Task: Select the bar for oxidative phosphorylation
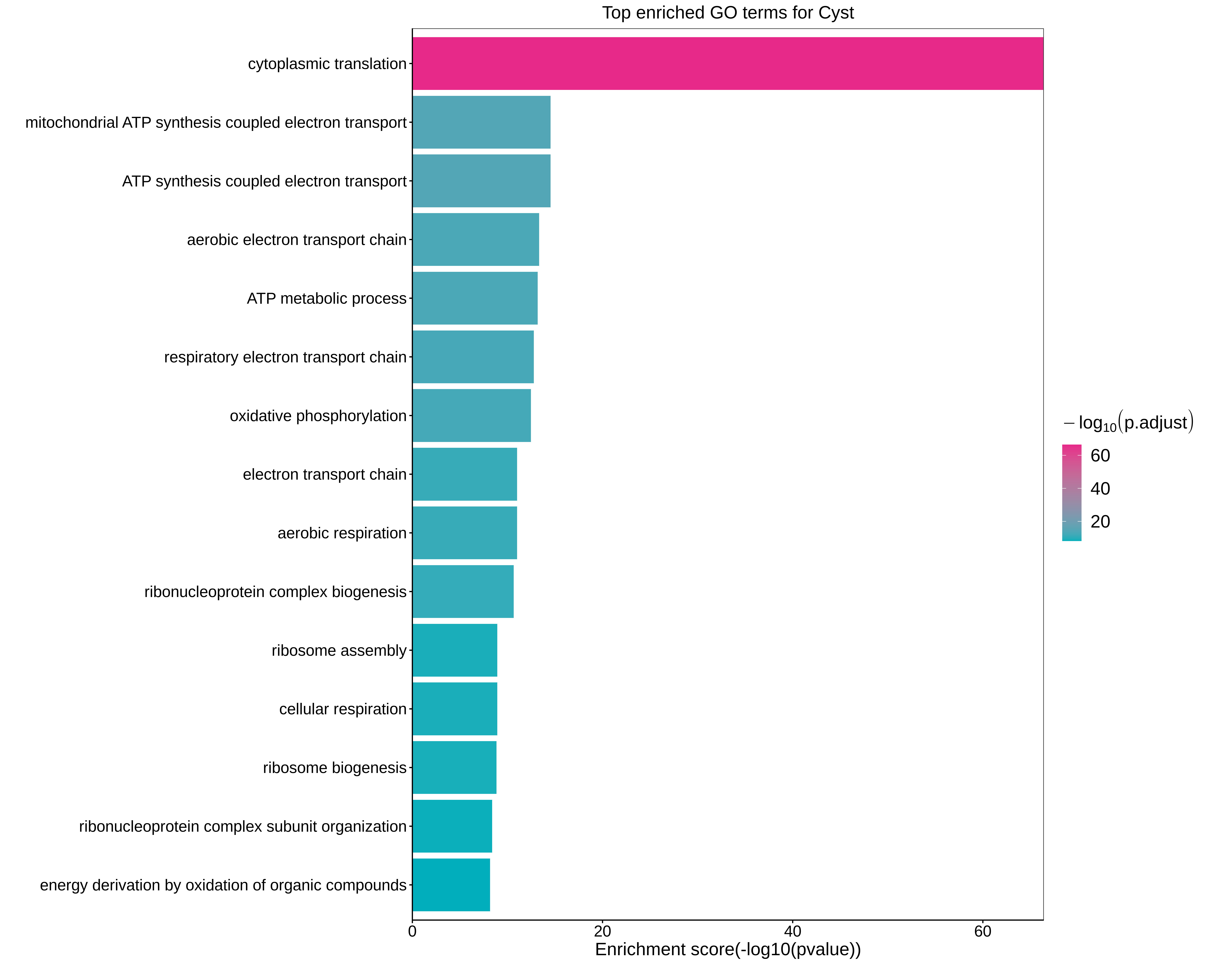pos(471,416)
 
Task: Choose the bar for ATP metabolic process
pos(475,298)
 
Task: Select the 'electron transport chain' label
pos(325,474)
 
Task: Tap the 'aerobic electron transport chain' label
pos(297,240)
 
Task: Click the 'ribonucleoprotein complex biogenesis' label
pos(276,592)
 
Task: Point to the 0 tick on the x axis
pos(413,931)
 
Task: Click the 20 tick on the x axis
pos(602,931)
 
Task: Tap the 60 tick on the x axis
pos(982,931)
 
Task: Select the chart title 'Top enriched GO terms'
pos(728,13)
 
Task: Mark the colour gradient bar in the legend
pos(1071,492)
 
